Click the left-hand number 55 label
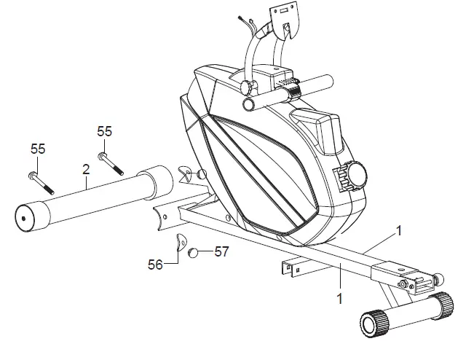point(38,149)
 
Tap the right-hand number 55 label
point(105,131)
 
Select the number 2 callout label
point(86,169)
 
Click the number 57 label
point(221,252)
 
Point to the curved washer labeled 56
point(179,242)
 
